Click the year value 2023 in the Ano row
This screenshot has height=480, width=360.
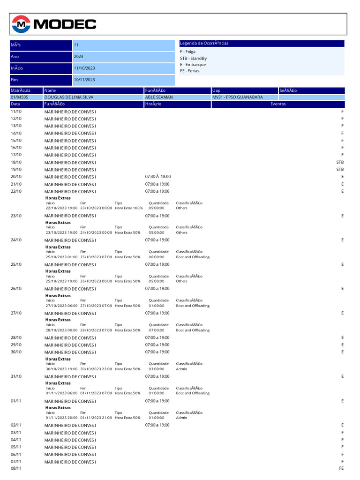point(79,56)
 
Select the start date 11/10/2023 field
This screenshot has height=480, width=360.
point(84,68)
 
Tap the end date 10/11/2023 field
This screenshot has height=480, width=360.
point(84,80)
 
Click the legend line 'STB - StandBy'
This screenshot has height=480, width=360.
point(193,58)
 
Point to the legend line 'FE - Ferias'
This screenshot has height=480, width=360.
point(189,71)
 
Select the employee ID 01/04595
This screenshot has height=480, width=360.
point(19,97)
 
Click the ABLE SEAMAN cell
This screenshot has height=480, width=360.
point(159,97)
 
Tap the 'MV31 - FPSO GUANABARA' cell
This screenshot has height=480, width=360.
point(238,97)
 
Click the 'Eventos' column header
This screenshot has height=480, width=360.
point(278,104)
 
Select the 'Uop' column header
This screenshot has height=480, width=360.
point(216,90)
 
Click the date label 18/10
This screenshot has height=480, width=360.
point(16,162)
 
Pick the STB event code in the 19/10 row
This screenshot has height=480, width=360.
point(340,169)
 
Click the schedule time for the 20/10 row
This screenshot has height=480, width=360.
point(158,176)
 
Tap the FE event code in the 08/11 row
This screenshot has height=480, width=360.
point(341,468)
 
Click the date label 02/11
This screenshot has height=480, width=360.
point(16,425)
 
